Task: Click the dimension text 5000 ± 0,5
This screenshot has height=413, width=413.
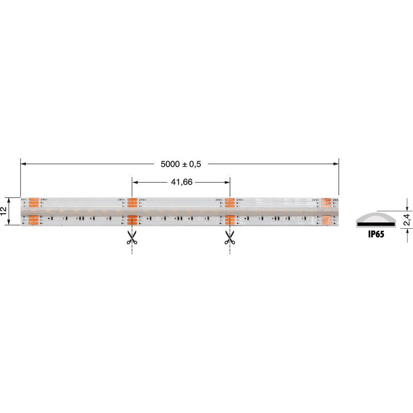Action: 180,164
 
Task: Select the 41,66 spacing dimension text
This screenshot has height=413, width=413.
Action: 181,182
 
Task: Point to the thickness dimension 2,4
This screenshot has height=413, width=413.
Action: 406,219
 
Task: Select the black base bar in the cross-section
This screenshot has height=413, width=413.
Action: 378,224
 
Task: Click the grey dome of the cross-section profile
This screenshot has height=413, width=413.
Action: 378,216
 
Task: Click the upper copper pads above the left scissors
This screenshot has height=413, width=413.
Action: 132,203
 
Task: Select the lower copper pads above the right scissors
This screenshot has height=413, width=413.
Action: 230,220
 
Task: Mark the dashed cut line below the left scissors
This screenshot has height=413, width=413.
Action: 132,250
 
